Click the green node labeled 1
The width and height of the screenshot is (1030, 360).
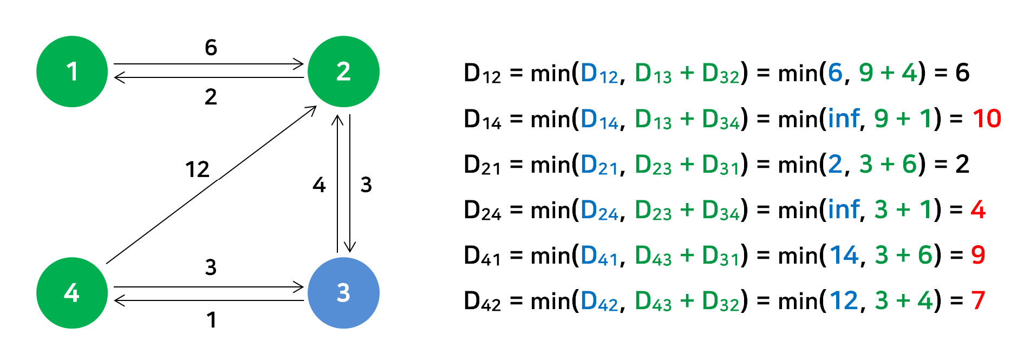coord(72,71)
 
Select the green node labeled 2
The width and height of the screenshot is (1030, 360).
coord(343,71)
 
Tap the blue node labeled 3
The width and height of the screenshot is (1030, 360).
coord(343,293)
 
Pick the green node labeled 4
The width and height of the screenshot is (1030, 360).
coord(72,293)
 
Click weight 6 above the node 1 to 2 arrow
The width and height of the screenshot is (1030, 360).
coord(211,48)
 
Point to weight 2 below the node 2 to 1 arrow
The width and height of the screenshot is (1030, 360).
coord(211,97)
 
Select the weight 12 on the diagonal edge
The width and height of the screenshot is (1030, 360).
coord(197,170)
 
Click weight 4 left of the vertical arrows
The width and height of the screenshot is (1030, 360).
coord(319,185)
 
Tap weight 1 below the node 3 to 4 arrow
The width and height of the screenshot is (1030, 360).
coord(211,320)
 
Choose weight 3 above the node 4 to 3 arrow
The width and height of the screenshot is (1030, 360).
coord(211,267)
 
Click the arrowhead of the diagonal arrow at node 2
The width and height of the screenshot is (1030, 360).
coord(312,109)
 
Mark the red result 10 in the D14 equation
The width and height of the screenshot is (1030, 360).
coord(986,119)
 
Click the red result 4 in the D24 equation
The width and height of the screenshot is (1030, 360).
coord(977,210)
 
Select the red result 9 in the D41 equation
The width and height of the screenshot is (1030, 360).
coord(977,255)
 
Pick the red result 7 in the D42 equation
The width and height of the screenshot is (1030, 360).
coord(977,300)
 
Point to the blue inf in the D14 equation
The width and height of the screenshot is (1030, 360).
coord(844,119)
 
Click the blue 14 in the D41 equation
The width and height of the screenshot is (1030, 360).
coord(844,255)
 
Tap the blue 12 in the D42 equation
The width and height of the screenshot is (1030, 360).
coord(844,300)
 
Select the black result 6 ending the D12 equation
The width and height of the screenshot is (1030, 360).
coord(962,73)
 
